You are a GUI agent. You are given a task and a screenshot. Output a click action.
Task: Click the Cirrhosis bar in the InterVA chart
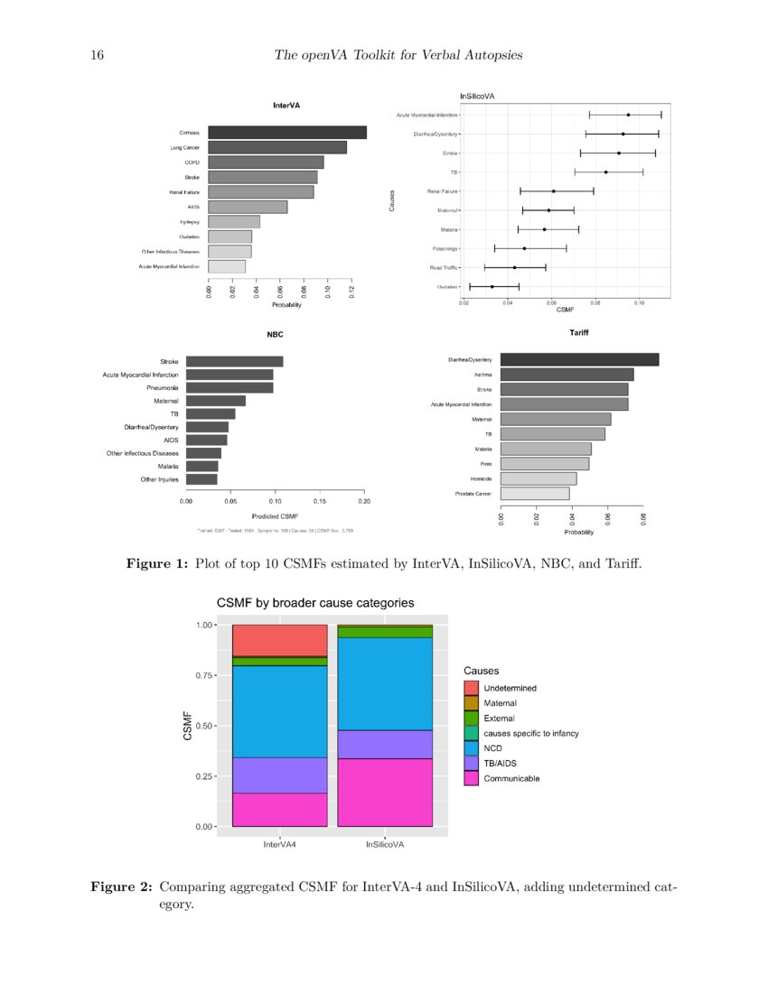click(x=287, y=133)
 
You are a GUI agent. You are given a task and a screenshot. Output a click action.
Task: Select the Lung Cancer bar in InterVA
click(x=277, y=147)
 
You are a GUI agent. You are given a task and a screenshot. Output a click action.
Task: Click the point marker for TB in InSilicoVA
click(x=605, y=172)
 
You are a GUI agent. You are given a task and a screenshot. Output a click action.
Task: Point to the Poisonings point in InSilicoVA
click(x=524, y=248)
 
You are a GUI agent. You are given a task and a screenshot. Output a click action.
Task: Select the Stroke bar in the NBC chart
click(x=234, y=361)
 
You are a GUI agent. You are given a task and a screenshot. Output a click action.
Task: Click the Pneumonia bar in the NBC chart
click(x=229, y=387)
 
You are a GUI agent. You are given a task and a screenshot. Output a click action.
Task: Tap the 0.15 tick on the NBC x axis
click(x=320, y=499)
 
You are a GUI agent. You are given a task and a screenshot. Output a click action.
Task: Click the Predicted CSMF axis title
click(x=276, y=515)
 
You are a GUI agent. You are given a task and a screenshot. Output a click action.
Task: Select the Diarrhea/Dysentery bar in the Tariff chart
click(x=579, y=359)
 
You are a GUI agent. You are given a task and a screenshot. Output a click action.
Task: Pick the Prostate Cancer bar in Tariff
click(x=534, y=494)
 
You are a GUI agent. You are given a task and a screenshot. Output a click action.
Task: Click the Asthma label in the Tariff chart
click(x=482, y=375)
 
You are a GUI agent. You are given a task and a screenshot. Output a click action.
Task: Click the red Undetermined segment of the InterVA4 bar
click(x=280, y=640)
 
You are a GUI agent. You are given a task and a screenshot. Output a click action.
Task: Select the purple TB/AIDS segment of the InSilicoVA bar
click(x=385, y=745)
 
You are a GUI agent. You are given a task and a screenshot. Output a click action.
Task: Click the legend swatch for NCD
click(x=471, y=748)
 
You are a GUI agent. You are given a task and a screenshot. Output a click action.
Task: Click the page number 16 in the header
click(x=98, y=57)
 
